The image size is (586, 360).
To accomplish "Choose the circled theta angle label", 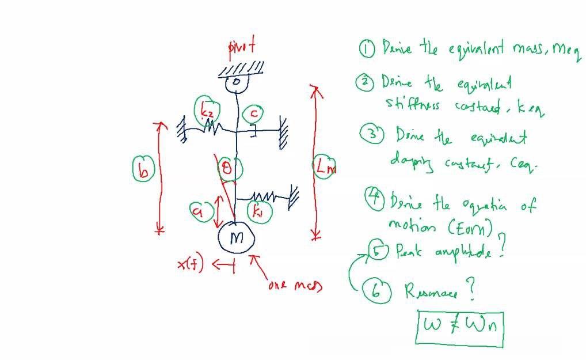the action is pyautogui.click(x=229, y=169).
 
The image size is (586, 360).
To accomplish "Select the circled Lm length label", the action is pyautogui.click(x=324, y=167).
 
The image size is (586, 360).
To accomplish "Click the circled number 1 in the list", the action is pyautogui.click(x=367, y=49).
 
